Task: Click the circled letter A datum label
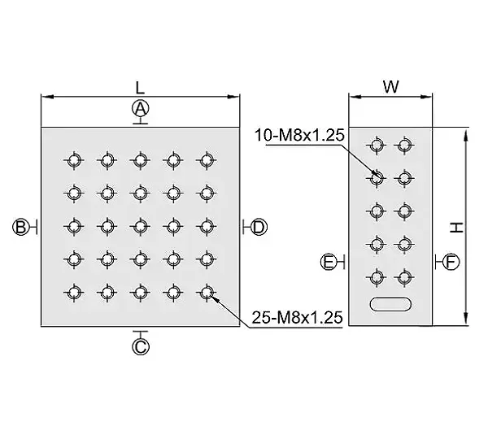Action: click(141, 109)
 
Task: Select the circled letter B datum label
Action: click(20, 227)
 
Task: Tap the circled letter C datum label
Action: click(141, 346)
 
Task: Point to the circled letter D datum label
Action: click(259, 227)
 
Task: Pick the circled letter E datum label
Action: click(329, 262)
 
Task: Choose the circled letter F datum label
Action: click(451, 262)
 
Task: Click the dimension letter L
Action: click(141, 88)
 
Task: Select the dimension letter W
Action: click(390, 87)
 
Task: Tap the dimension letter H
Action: click(456, 228)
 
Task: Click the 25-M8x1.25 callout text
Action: click(297, 318)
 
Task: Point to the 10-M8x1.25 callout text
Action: click(299, 135)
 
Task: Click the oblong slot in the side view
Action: click(390, 304)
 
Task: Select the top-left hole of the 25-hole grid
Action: click(74, 160)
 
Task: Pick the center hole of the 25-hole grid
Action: click(140, 227)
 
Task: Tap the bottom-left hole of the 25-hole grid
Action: click(74, 293)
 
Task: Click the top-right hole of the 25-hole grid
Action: click(206, 160)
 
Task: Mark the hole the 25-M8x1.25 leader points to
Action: click(206, 293)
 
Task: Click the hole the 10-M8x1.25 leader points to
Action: click(377, 178)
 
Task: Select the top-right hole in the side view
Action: click(404, 145)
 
